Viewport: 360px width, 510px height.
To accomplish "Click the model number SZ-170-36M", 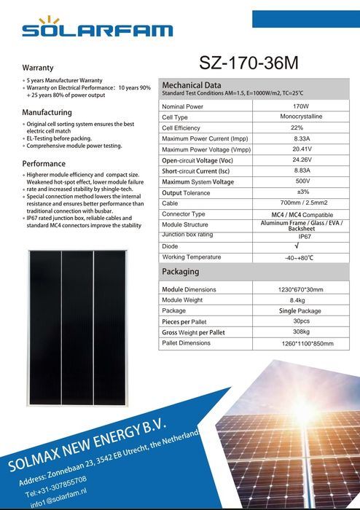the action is pos(249,63).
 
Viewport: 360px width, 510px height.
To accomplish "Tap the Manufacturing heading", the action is pos(47,112).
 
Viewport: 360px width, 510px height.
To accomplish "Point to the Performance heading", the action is pos(44,163).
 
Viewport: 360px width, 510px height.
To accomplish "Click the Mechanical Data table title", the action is pos(191,85).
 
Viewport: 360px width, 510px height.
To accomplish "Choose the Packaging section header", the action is pos(180,272).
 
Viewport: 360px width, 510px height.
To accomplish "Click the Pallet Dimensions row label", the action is pos(186,342).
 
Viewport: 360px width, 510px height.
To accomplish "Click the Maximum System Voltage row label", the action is pos(197,181).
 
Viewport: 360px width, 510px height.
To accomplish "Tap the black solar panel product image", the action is pos(77,327).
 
